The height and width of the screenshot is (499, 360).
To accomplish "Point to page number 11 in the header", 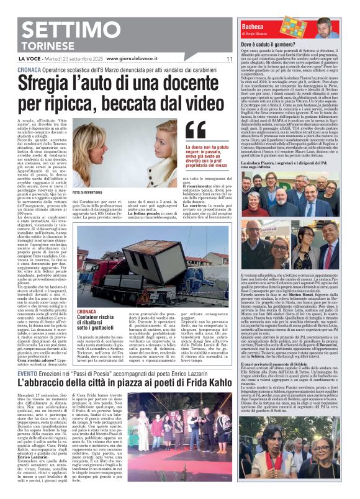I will point(229,59).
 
